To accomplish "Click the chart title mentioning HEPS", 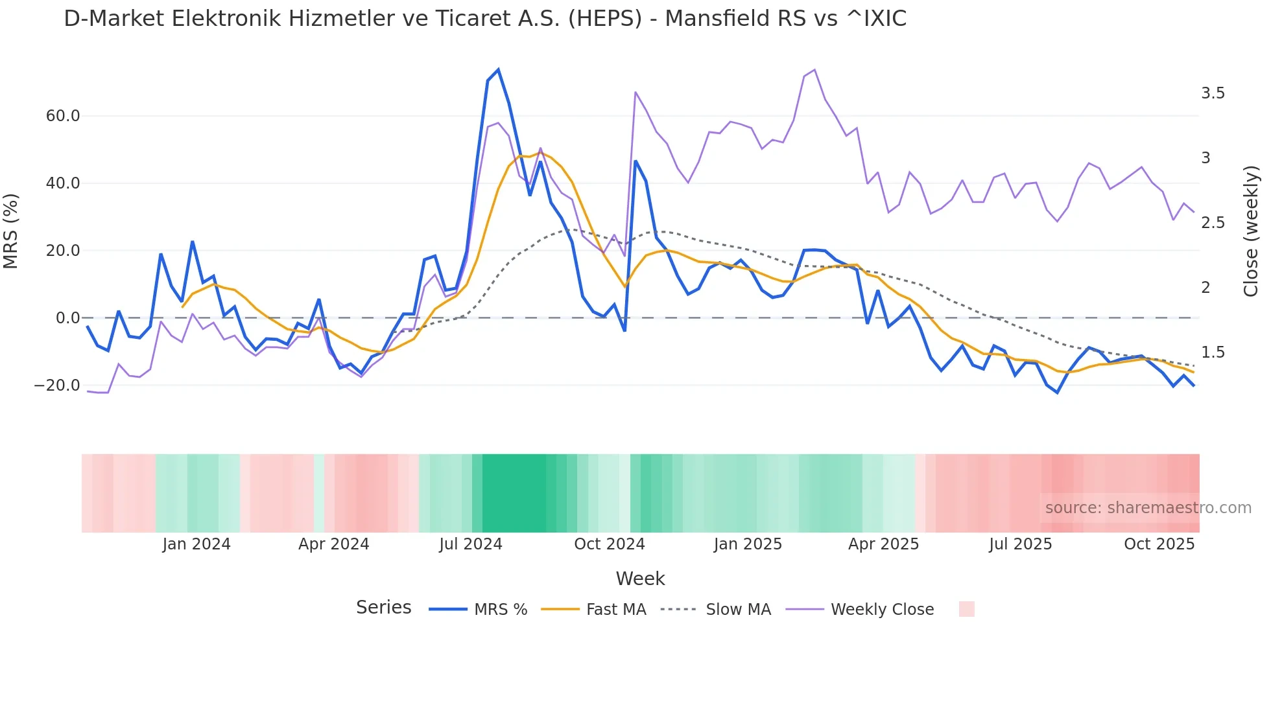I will [x=485, y=19].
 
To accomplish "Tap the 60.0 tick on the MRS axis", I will [x=63, y=116].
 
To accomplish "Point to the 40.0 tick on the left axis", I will [x=63, y=183].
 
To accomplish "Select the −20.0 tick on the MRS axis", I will [x=57, y=386].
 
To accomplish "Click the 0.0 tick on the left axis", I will [x=68, y=318].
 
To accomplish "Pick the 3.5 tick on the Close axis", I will [x=1213, y=93].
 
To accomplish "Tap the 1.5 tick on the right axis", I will [x=1213, y=352].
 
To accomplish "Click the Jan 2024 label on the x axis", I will [x=196, y=544].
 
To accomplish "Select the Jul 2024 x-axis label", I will [x=471, y=544].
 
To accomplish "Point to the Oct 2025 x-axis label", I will [x=1159, y=544].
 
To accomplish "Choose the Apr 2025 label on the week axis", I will [x=883, y=544].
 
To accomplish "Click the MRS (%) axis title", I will [x=11, y=231].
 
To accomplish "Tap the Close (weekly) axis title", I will [x=1251, y=231].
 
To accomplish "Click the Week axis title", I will [x=640, y=579].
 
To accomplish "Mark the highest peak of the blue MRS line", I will [x=498, y=69].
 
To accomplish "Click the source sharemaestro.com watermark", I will [x=1148, y=508].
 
